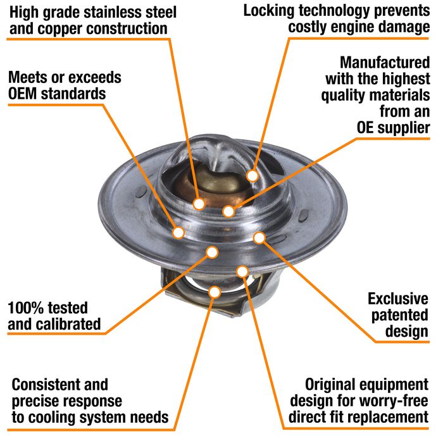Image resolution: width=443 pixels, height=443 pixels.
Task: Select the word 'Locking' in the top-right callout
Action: (269, 11)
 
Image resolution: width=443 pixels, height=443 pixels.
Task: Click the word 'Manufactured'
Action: (385, 62)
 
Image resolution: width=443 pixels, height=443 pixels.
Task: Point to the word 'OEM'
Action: (23, 94)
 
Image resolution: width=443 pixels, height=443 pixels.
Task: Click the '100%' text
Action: (23, 308)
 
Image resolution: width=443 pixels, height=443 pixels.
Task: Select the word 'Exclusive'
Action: (398, 299)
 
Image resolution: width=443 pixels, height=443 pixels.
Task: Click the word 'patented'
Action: (400, 316)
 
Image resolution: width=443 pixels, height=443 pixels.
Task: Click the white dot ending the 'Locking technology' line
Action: (253, 176)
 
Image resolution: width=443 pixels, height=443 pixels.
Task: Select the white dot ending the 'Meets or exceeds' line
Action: (178, 233)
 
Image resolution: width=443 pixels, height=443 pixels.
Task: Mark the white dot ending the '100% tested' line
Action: (212, 252)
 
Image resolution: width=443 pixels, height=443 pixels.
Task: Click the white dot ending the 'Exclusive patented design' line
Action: (259, 238)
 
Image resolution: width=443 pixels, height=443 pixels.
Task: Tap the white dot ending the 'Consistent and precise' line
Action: (215, 292)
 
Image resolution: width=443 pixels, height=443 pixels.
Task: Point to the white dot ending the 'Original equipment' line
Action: (242, 271)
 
